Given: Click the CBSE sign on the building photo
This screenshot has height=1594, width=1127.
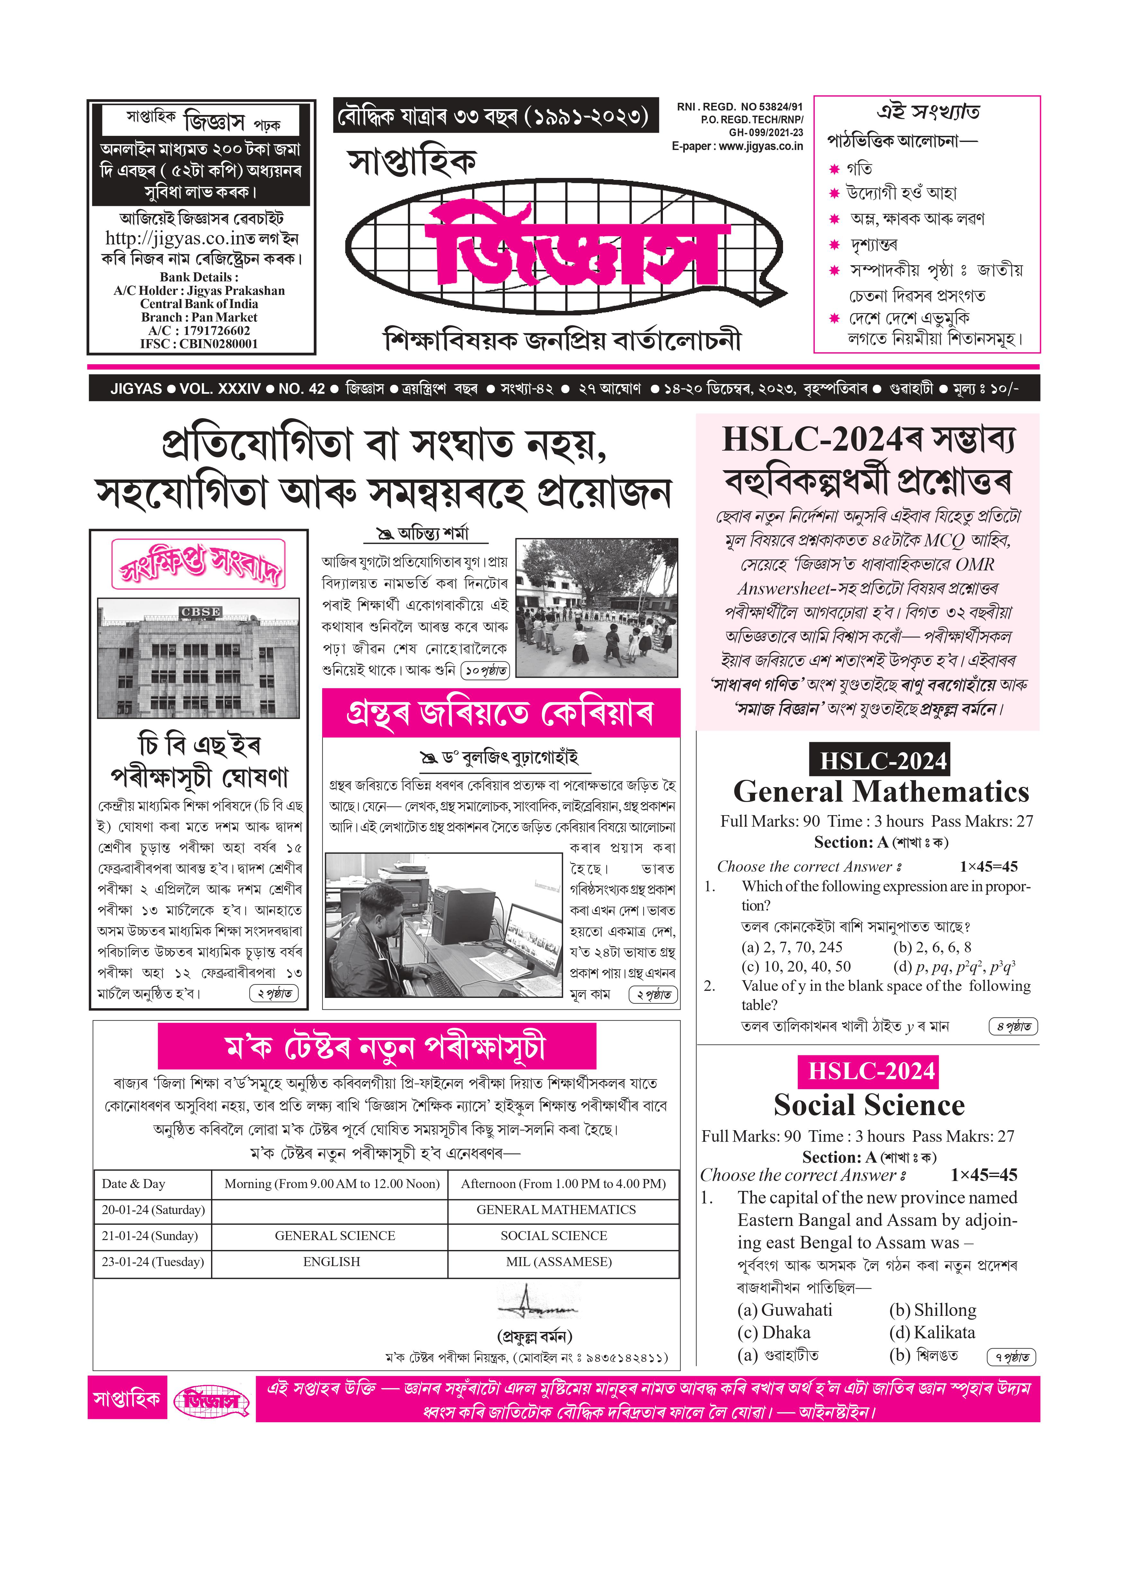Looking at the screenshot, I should (200, 612).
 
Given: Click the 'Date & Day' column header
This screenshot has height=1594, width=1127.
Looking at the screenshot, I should (133, 1184).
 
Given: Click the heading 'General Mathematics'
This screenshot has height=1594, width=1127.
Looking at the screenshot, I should (880, 791).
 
